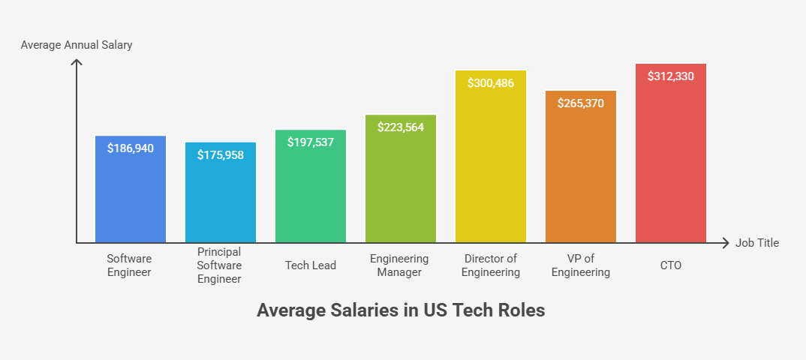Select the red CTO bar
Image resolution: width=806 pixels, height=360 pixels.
(x=670, y=165)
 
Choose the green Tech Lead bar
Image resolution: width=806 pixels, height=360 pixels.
(x=311, y=195)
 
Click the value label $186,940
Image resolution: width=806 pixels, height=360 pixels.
(x=131, y=148)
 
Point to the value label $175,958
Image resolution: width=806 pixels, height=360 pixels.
(x=221, y=154)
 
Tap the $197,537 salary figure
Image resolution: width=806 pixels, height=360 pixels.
(x=311, y=142)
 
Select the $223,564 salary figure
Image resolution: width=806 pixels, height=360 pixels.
(x=401, y=127)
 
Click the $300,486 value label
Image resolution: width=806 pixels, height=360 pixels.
(x=490, y=82)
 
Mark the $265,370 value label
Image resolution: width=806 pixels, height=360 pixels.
(x=580, y=103)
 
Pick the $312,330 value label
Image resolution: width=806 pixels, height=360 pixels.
(x=670, y=76)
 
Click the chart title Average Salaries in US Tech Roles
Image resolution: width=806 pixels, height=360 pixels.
(x=401, y=310)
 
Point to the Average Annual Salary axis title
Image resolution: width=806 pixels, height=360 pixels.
(x=77, y=45)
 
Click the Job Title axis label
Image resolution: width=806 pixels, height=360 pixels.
(x=757, y=243)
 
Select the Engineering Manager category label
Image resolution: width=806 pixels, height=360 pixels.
(x=399, y=265)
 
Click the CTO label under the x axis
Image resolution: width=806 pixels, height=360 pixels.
(x=670, y=265)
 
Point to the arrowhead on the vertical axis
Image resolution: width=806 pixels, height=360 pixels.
(x=77, y=62)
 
